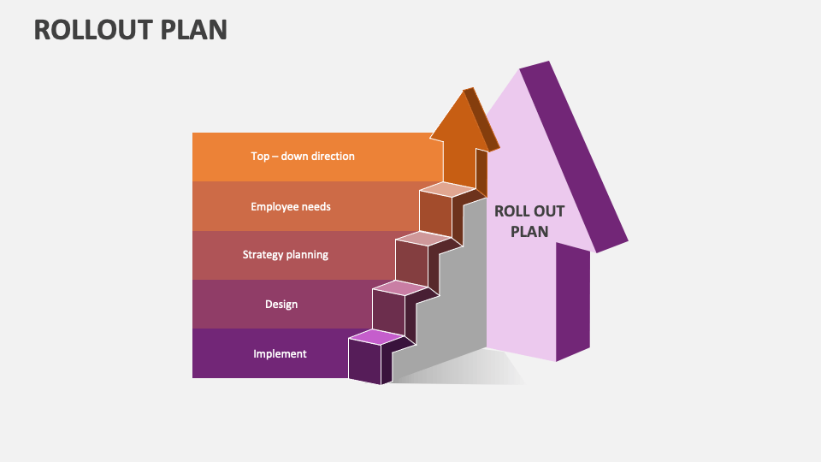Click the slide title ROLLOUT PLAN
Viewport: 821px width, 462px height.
tap(131, 29)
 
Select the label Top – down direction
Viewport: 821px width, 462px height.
tap(303, 157)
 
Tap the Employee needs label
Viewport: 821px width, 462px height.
tap(291, 206)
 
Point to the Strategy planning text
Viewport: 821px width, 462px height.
tap(285, 255)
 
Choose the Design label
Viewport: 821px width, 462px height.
tap(281, 304)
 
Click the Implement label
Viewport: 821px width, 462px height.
tap(280, 353)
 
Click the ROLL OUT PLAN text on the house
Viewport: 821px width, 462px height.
tap(529, 221)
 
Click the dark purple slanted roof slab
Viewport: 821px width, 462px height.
tap(573, 154)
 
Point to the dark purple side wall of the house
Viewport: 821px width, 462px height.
tap(573, 299)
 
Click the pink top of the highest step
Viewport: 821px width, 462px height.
tap(441, 189)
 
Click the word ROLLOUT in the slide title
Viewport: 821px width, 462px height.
tap(95, 29)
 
